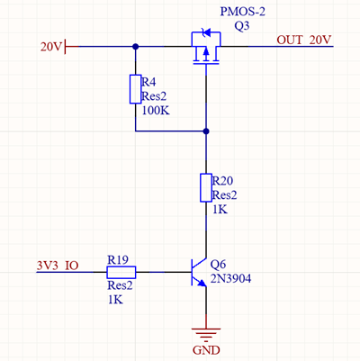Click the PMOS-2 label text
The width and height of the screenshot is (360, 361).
245,12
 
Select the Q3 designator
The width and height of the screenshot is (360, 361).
242,27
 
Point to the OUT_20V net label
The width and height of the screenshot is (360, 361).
304,40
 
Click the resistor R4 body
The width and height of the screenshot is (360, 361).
135,90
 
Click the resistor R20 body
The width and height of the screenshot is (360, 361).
207,187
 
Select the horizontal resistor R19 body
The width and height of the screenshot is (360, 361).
121,272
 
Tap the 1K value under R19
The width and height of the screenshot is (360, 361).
114,299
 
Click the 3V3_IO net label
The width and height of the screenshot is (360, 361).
58,266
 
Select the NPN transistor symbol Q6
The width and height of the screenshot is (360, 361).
200,272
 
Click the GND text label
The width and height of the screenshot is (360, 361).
207,348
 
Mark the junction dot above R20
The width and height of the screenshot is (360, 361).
207,132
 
